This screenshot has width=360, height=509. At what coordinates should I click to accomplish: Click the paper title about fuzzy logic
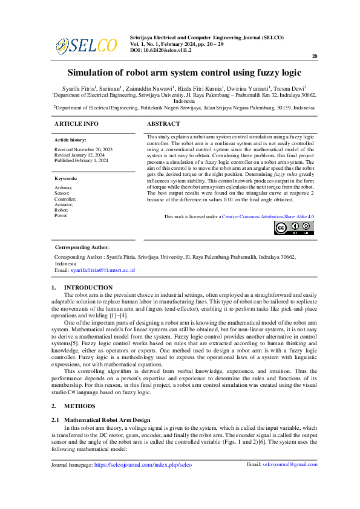tap(183, 73)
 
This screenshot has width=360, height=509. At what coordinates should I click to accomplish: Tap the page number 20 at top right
tap(315, 56)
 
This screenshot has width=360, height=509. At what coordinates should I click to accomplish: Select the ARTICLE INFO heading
tap(76, 123)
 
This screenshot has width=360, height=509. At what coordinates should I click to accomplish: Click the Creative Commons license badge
tap(293, 228)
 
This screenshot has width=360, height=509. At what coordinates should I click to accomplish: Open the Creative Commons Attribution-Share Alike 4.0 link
tap(268, 216)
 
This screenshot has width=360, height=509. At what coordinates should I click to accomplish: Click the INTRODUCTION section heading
tap(88, 287)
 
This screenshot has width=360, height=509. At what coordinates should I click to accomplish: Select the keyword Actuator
tap(64, 204)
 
